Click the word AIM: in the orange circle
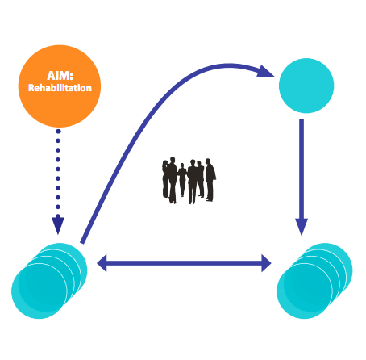(60, 76)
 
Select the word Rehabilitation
(60, 88)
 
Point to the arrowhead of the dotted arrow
(58, 225)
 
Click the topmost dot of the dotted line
(58, 132)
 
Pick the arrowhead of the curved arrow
(265, 71)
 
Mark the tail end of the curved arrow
(82, 243)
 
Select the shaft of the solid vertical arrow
(302, 169)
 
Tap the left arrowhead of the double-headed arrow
(102, 263)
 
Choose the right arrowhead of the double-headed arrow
(266, 263)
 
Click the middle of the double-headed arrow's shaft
(184, 263)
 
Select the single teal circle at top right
(306, 86)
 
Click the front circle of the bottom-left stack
(40, 291)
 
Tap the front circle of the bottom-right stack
(305, 291)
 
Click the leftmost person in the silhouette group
(165, 179)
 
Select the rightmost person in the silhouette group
(210, 180)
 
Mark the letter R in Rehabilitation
(31, 88)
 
